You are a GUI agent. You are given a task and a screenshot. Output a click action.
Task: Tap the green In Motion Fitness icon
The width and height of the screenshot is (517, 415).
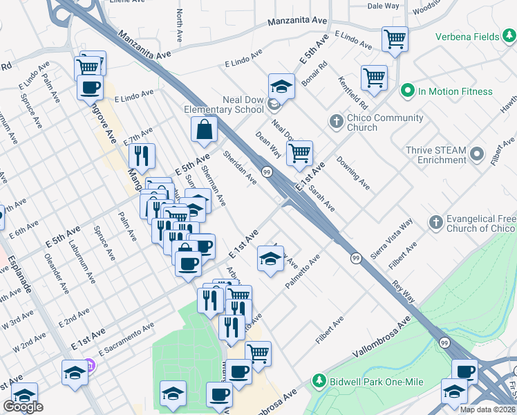click(x=407, y=91)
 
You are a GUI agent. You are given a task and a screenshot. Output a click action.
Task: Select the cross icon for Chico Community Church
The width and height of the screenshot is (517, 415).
click(x=337, y=122)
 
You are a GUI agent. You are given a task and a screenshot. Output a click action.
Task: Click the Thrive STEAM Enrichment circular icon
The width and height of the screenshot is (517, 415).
click(x=477, y=154)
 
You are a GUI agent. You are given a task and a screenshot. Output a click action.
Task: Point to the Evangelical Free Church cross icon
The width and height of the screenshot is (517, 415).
click(x=435, y=222)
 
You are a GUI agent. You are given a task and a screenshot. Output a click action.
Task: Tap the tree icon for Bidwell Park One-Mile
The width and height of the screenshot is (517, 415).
click(x=319, y=380)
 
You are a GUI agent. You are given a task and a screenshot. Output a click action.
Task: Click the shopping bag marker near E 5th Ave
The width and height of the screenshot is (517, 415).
click(x=205, y=129)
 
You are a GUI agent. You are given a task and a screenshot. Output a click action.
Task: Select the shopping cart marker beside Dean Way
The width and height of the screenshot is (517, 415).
click(x=299, y=153)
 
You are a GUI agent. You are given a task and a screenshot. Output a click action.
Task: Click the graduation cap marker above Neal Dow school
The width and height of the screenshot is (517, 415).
click(x=281, y=86)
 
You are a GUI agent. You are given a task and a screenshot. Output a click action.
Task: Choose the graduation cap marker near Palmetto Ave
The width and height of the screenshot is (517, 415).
click(x=270, y=259)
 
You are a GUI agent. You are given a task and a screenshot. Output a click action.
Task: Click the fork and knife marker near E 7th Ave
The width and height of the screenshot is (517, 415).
click(x=142, y=156)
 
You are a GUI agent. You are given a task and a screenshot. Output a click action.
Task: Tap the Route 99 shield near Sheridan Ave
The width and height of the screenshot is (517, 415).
click(x=266, y=171)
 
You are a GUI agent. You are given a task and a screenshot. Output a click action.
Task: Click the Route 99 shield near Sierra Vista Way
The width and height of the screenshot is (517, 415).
click(x=355, y=258)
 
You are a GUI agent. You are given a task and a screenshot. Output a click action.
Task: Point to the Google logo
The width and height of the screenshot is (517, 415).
click(x=23, y=407)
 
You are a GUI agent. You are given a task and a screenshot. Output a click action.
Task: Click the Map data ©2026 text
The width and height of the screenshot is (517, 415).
click(x=487, y=409)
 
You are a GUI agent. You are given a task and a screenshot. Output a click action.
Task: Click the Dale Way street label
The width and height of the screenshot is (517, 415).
click(x=383, y=6)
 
